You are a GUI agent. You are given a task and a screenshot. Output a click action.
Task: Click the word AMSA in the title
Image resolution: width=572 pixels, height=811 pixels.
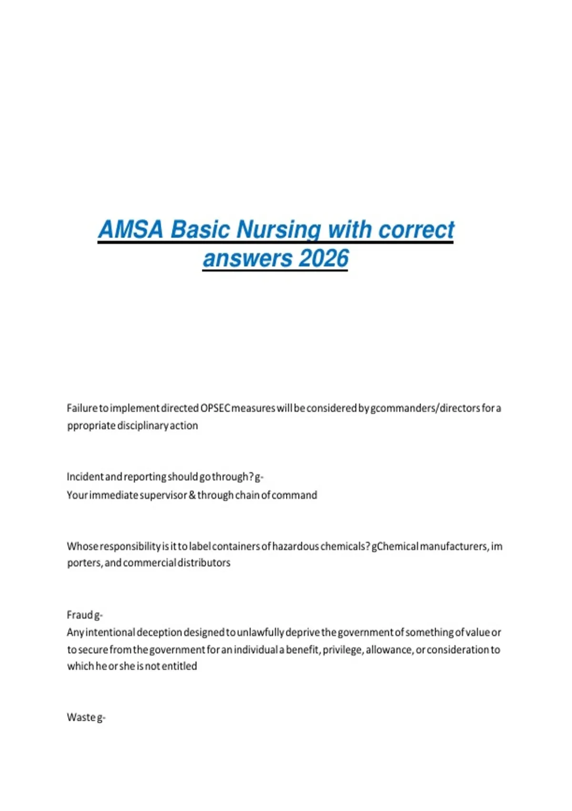131,229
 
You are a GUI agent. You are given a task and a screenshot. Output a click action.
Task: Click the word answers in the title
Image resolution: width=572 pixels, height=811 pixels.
247,259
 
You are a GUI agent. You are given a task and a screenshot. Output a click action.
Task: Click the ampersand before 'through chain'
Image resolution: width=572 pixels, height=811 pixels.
192,495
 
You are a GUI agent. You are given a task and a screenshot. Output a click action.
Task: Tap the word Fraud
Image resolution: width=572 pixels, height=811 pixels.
80,615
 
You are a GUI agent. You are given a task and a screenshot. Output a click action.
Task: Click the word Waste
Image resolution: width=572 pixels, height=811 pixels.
81,717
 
